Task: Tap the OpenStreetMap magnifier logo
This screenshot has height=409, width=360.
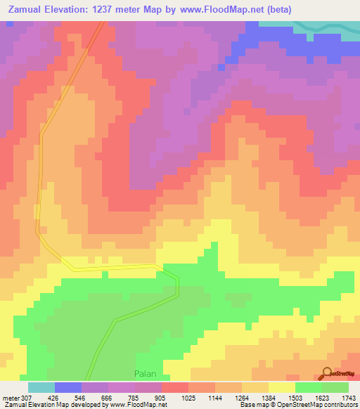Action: (327, 372)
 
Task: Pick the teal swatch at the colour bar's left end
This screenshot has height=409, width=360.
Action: (41, 387)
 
